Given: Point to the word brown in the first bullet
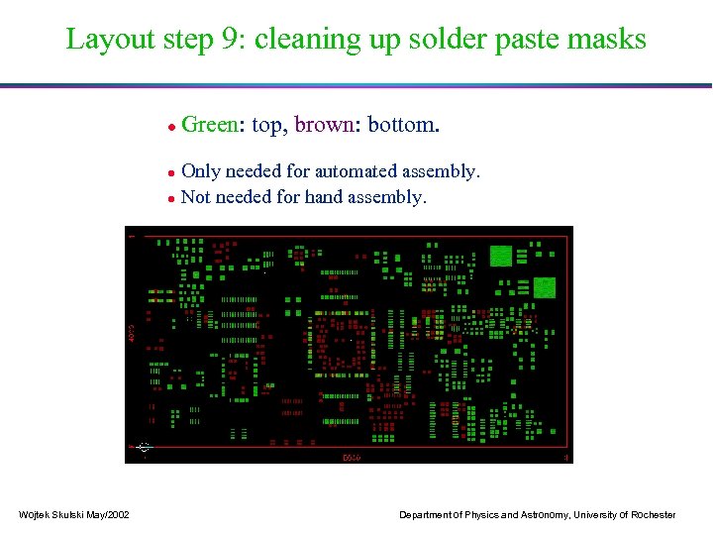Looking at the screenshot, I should coord(326,125).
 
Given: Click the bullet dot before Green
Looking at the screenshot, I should coord(171,127).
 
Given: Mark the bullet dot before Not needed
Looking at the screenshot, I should coord(171,198).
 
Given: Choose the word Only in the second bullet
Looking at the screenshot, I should coord(202,171).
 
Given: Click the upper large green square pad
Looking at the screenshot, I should coord(501,255).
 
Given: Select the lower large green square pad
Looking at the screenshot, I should coord(546,287).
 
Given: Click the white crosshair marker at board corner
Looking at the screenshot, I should coord(145,447).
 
